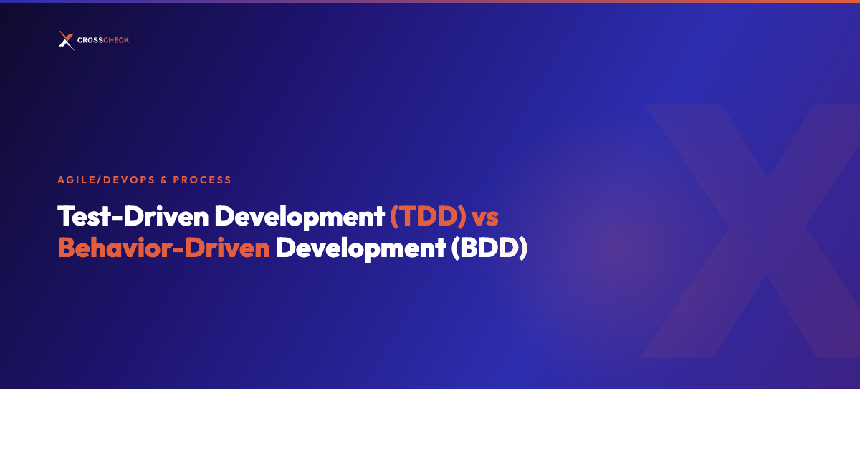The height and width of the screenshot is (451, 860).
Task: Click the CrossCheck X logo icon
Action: pyautogui.click(x=67, y=40)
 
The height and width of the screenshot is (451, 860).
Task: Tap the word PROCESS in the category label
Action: pyautogui.click(x=202, y=180)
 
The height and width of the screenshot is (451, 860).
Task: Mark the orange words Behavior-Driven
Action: pyautogui.click(x=164, y=248)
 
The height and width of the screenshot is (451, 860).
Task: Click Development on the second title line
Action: pyautogui.click(x=360, y=248)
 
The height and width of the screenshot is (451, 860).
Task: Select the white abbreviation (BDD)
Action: pyautogui.click(x=489, y=248)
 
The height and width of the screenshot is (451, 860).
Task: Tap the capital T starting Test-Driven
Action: pyautogui.click(x=65, y=215)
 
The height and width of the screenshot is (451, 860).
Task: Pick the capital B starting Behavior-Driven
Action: pyautogui.click(x=67, y=248)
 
